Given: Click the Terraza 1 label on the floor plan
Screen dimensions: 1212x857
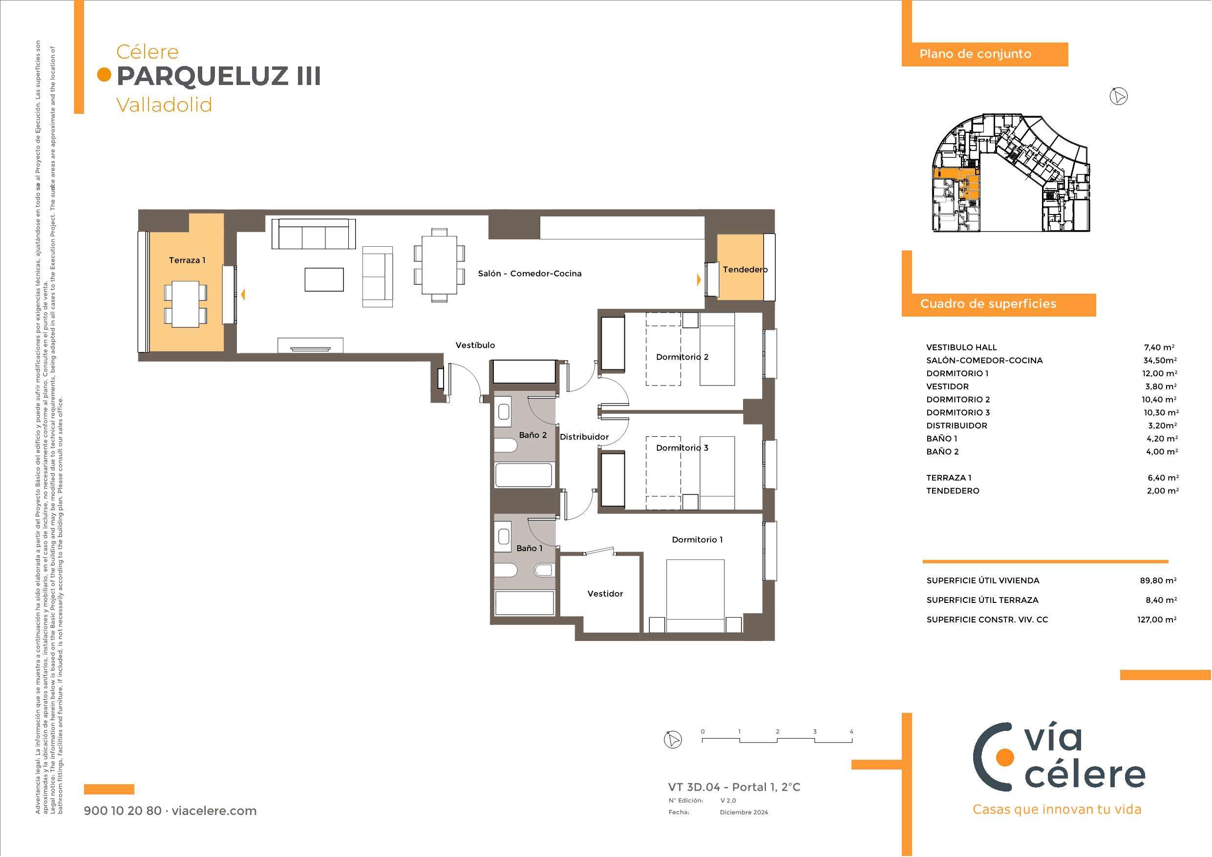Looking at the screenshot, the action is tap(187, 260).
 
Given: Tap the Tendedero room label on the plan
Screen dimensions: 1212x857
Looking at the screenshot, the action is tap(745, 269).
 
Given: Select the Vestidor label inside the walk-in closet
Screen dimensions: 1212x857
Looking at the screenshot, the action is tap(605, 594).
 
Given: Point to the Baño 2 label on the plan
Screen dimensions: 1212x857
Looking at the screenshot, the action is tap(532, 435).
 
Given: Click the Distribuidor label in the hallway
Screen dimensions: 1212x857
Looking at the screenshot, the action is tap(584, 437).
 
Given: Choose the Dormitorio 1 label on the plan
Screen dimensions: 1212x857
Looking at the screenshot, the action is tap(697, 539).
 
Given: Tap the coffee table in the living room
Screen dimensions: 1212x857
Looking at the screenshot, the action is tap(324, 279).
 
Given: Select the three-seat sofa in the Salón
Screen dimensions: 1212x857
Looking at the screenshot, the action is tap(314, 234).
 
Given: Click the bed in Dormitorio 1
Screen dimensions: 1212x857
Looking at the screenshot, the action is tap(695, 596).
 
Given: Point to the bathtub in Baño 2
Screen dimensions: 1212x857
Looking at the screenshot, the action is tap(524, 475).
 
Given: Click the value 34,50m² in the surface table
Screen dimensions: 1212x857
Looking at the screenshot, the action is tap(1159, 361).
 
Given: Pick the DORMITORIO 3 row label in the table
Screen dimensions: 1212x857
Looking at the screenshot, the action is tap(957, 412).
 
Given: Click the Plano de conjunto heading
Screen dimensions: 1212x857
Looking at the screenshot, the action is tap(975, 54).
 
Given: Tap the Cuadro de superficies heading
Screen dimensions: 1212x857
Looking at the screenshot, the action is tap(988, 303).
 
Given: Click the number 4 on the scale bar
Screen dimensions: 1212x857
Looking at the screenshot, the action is tap(851, 731).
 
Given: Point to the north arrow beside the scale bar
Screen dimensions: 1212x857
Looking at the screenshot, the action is tap(673, 739).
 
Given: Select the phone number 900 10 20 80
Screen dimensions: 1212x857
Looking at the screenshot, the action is tap(123, 811).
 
